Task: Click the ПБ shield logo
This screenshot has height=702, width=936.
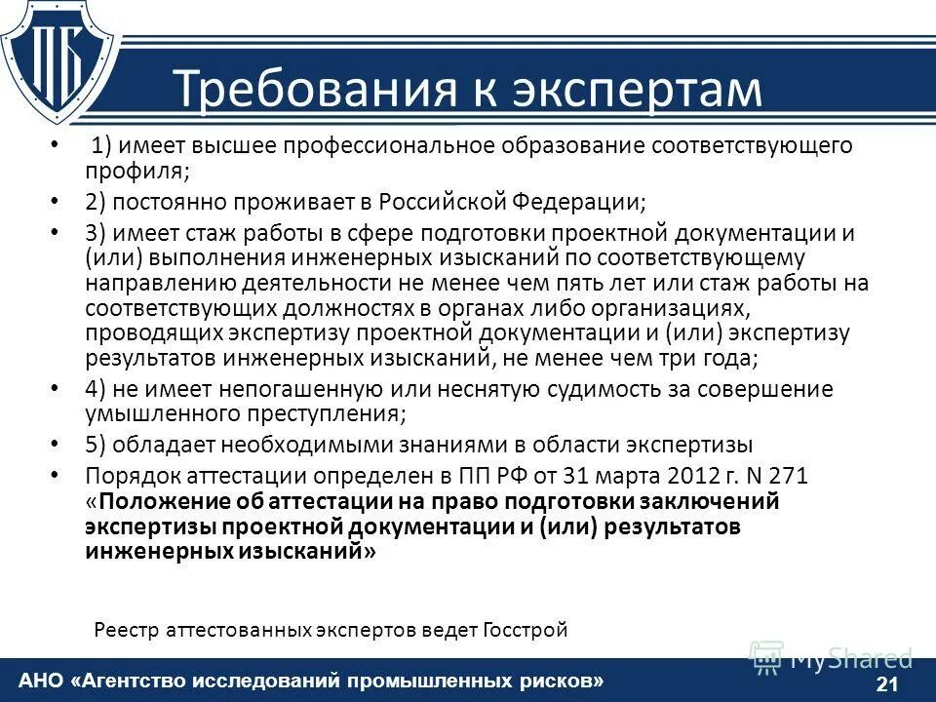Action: click(x=60, y=60)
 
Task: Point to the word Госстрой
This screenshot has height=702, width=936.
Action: click(x=524, y=630)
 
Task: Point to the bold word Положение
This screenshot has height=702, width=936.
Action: click(x=159, y=502)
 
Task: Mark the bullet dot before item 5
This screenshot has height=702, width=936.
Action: click(x=55, y=446)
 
